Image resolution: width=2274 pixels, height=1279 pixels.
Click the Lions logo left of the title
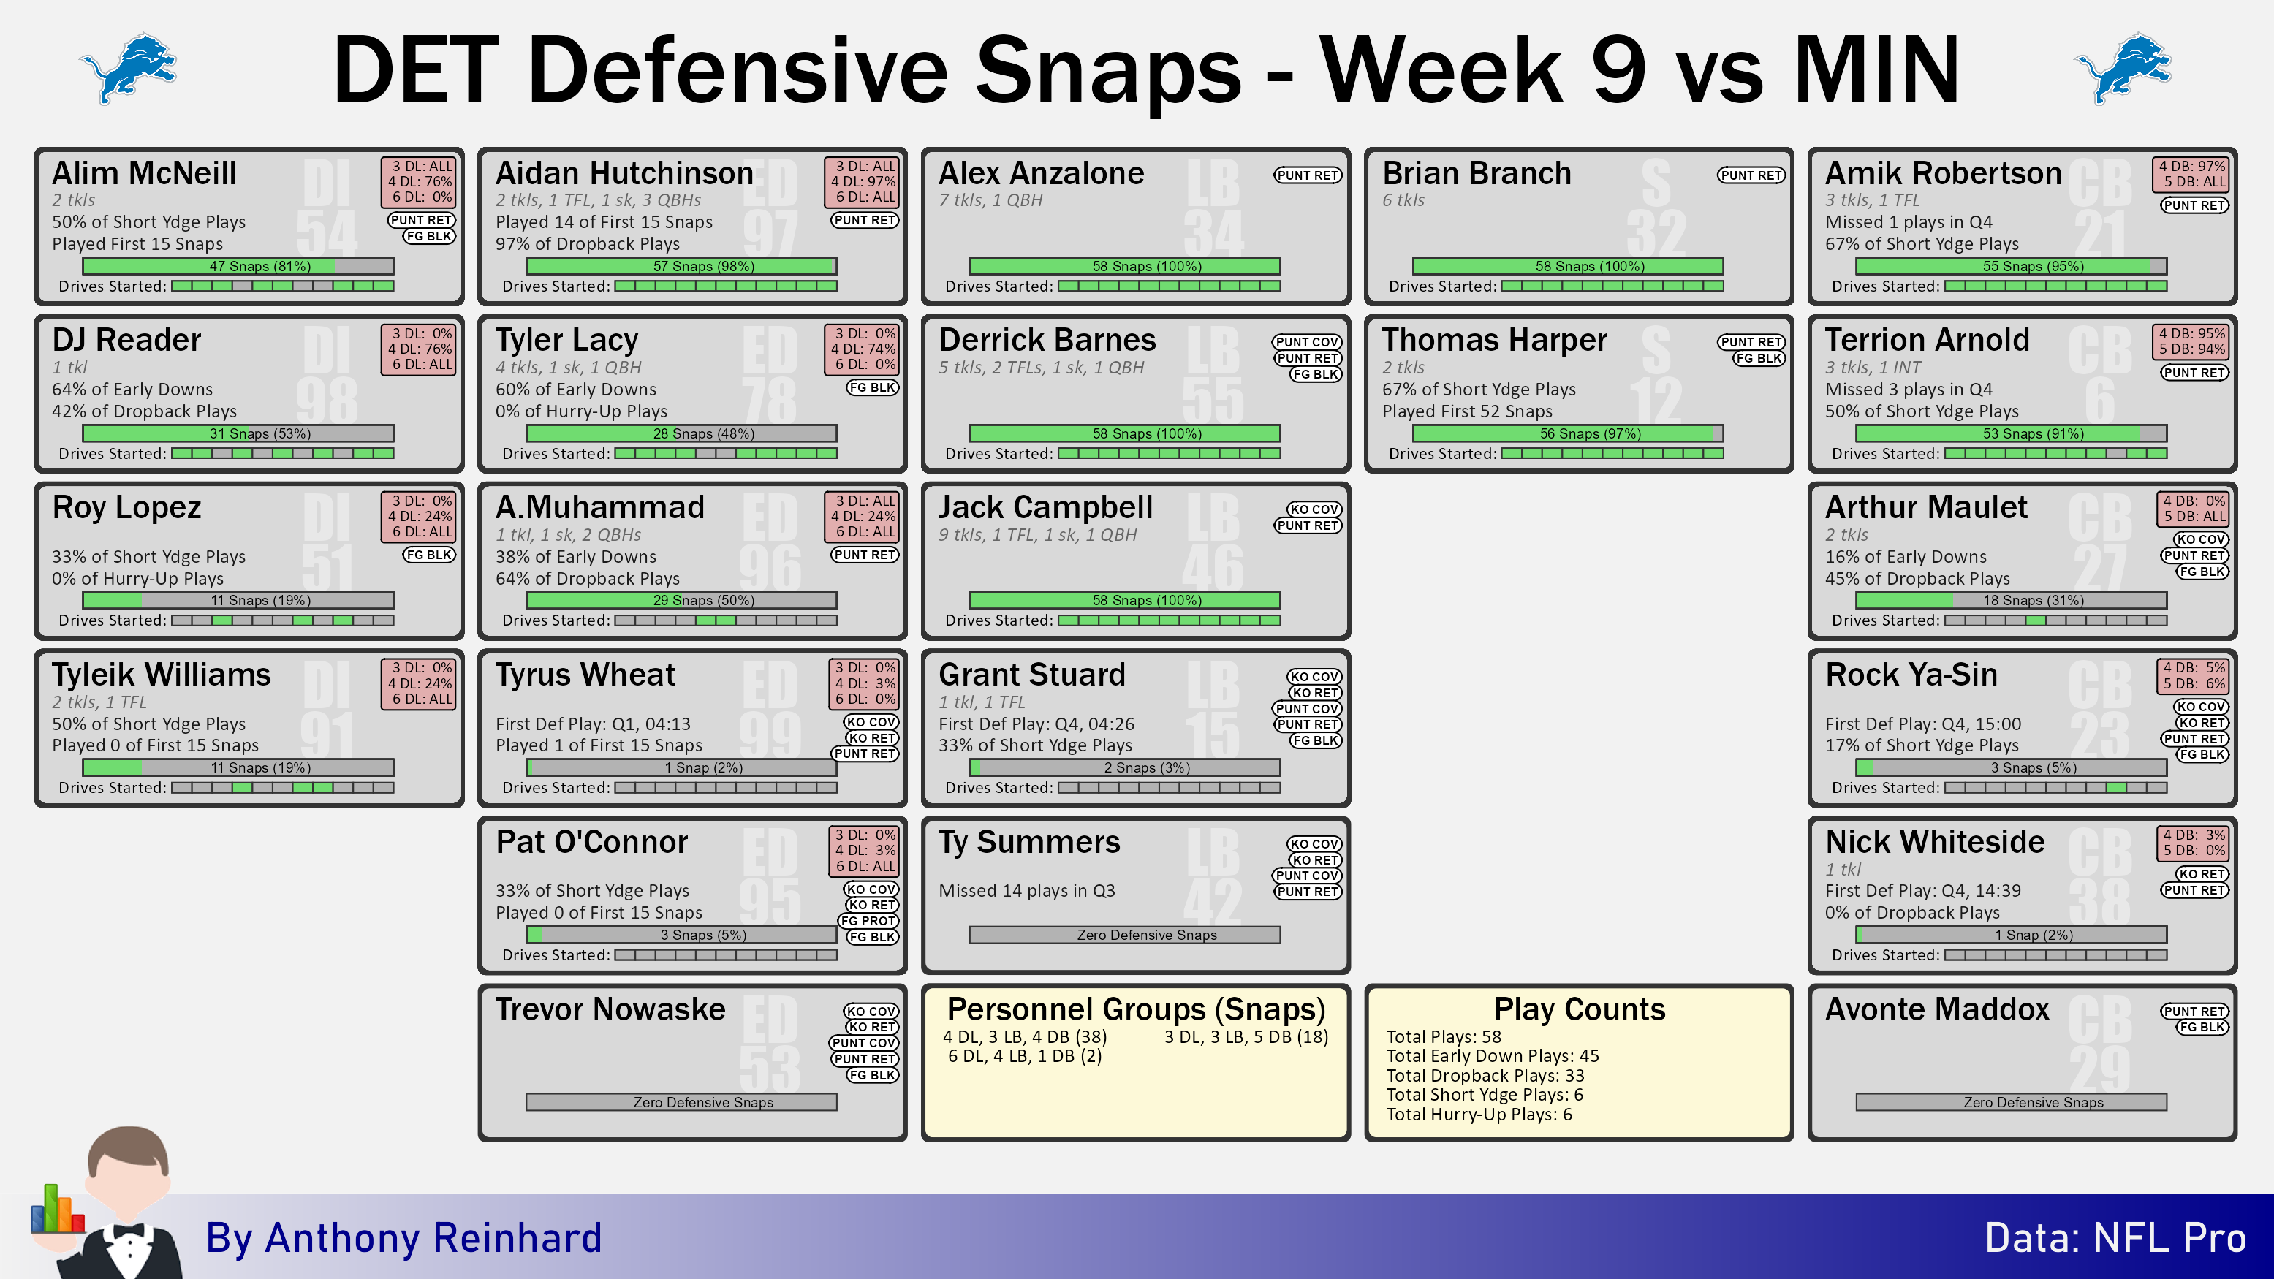click(129, 68)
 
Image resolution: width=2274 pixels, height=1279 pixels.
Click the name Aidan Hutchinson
click(624, 173)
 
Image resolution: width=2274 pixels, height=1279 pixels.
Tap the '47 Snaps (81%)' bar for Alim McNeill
click(238, 266)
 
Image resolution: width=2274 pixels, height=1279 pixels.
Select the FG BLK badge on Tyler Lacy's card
click(872, 387)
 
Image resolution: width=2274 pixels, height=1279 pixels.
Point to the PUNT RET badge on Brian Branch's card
click(1751, 175)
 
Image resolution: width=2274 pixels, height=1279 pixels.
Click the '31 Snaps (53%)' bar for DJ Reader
click(238, 433)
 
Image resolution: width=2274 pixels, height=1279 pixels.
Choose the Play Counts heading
click(1580, 1009)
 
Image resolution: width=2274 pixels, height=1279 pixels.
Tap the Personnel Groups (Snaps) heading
click(1136, 1009)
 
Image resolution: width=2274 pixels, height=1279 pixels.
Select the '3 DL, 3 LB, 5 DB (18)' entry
click(1246, 1036)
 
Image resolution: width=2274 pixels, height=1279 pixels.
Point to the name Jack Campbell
click(1045, 507)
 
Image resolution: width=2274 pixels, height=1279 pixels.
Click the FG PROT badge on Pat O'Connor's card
click(868, 921)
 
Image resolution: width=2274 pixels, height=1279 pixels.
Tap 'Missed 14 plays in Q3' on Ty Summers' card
click(1027, 891)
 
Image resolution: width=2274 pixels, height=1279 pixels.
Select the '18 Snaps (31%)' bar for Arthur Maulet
click(2011, 600)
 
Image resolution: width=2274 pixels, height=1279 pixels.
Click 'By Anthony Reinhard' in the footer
click(403, 1237)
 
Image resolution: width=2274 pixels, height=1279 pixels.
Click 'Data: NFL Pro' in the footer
click(2115, 1237)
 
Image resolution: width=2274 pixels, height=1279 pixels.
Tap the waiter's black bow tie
click(129, 1231)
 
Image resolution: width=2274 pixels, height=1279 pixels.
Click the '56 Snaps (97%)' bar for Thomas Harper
click(1568, 433)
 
